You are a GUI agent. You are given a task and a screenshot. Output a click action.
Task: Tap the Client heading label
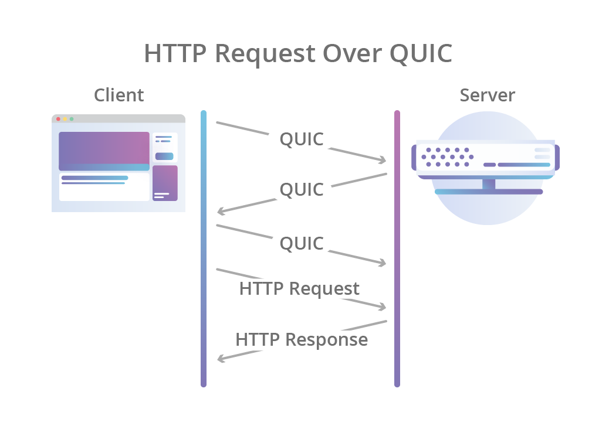click(119, 95)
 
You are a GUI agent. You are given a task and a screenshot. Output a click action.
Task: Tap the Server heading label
click(487, 95)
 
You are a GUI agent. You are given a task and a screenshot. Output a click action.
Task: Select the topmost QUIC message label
click(302, 139)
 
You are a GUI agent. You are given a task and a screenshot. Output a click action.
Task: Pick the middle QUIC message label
click(302, 190)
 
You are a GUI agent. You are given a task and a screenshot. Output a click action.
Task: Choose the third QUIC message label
click(302, 243)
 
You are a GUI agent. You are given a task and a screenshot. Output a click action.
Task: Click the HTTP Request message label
click(299, 289)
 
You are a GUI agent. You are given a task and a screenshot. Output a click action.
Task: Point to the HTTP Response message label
click(302, 340)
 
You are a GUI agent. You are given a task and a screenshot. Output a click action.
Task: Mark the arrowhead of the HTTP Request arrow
click(383, 306)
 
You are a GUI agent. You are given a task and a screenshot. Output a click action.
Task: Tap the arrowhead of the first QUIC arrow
click(383, 159)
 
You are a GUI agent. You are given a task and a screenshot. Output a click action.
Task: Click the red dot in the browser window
click(58, 119)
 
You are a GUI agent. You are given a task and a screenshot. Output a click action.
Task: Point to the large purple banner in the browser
click(104, 151)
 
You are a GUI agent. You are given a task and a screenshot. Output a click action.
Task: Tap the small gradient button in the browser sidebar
click(164, 156)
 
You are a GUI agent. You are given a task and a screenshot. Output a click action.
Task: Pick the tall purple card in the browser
click(165, 183)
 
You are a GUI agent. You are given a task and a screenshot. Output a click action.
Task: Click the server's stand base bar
click(488, 192)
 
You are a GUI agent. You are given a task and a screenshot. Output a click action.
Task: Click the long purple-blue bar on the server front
click(523, 165)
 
